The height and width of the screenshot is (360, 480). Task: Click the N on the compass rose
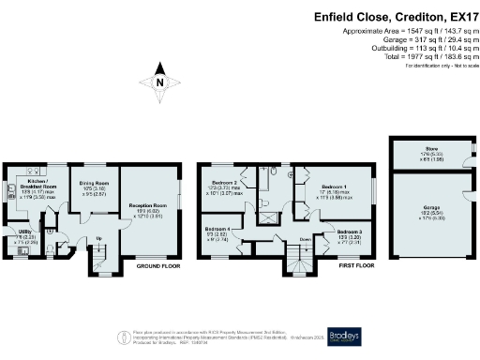click(x=160, y=82)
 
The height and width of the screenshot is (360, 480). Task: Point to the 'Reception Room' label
click(x=146, y=203)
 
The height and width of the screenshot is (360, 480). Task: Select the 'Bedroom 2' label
click(x=222, y=182)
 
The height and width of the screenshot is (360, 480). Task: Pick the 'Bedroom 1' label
click(x=333, y=187)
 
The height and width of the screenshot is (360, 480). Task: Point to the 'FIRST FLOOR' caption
click(x=353, y=266)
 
